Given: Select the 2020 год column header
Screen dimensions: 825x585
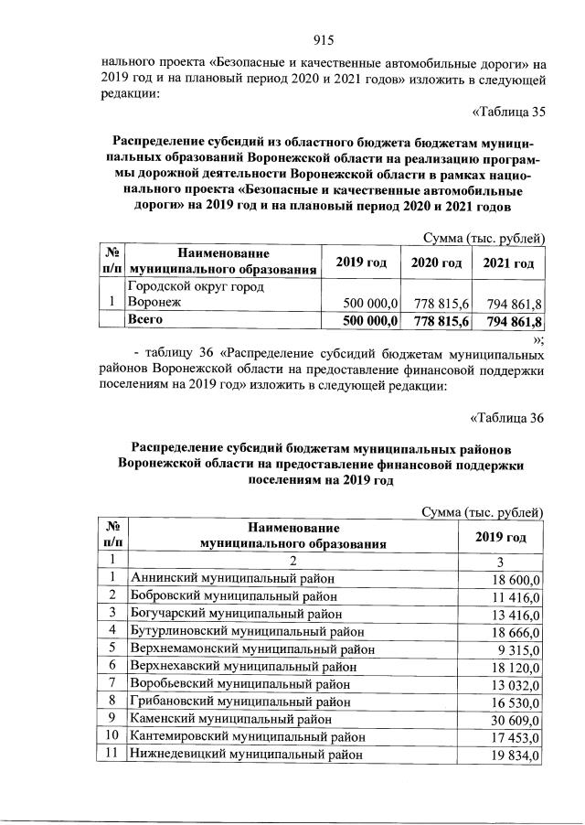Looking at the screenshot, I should pos(435,263).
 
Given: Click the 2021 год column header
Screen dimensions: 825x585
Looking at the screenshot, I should pos(508,263).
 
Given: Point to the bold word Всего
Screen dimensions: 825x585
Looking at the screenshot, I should pos(146,321).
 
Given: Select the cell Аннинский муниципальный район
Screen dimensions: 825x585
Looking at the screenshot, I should pos(232,578).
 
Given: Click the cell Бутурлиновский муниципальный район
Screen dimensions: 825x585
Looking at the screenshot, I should pos(247,631).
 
